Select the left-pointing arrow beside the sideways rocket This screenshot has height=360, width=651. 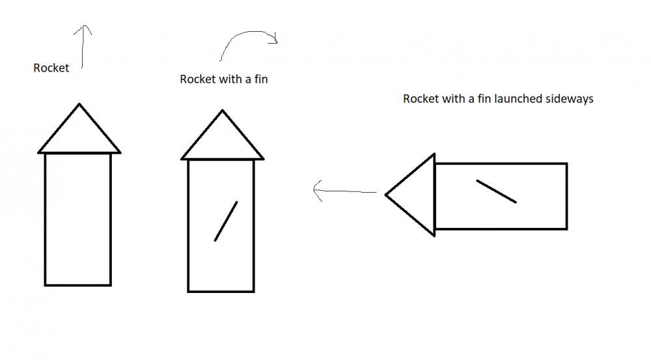[x=345, y=192]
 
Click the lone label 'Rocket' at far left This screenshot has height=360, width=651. [x=51, y=68]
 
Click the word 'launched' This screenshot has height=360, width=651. [x=519, y=100]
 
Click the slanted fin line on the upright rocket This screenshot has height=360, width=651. [x=226, y=221]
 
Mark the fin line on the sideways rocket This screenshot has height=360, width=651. [x=497, y=191]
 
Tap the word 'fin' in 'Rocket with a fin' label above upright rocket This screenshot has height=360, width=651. [x=260, y=79]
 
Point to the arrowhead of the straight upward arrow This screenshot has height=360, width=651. [x=83, y=29]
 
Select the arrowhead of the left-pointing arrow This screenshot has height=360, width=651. [x=318, y=191]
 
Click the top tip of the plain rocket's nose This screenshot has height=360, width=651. [x=79, y=104]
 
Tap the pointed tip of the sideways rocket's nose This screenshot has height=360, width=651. [x=386, y=195]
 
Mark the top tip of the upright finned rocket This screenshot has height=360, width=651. [x=223, y=111]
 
